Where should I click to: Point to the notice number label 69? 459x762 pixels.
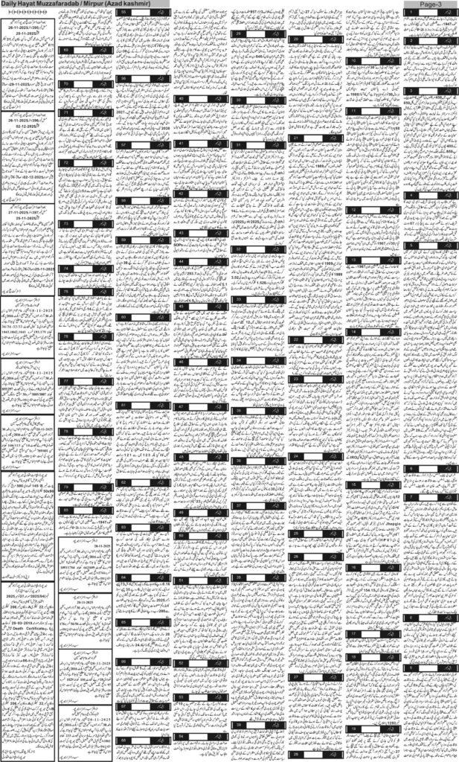point(66,49)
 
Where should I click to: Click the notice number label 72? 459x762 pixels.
point(67,161)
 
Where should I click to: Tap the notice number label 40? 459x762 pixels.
point(182,98)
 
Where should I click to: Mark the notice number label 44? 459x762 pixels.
point(182,262)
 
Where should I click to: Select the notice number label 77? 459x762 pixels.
point(67,380)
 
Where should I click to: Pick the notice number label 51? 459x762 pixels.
point(182,580)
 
